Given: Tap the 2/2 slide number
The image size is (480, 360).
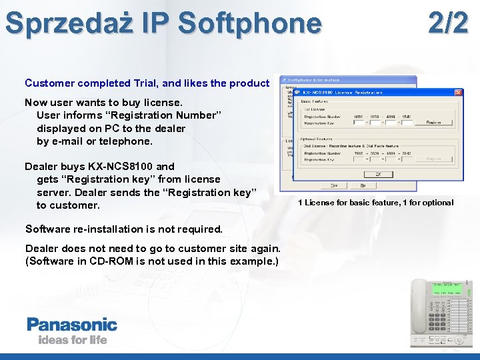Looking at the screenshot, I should [x=447, y=23].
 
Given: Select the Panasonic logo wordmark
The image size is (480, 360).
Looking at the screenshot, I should [x=72, y=325].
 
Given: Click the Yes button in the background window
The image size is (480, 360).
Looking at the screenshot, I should [x=334, y=185].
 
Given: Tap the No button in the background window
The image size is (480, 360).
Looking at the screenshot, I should [x=363, y=185].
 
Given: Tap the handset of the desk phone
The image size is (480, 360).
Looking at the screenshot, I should [x=420, y=311].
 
